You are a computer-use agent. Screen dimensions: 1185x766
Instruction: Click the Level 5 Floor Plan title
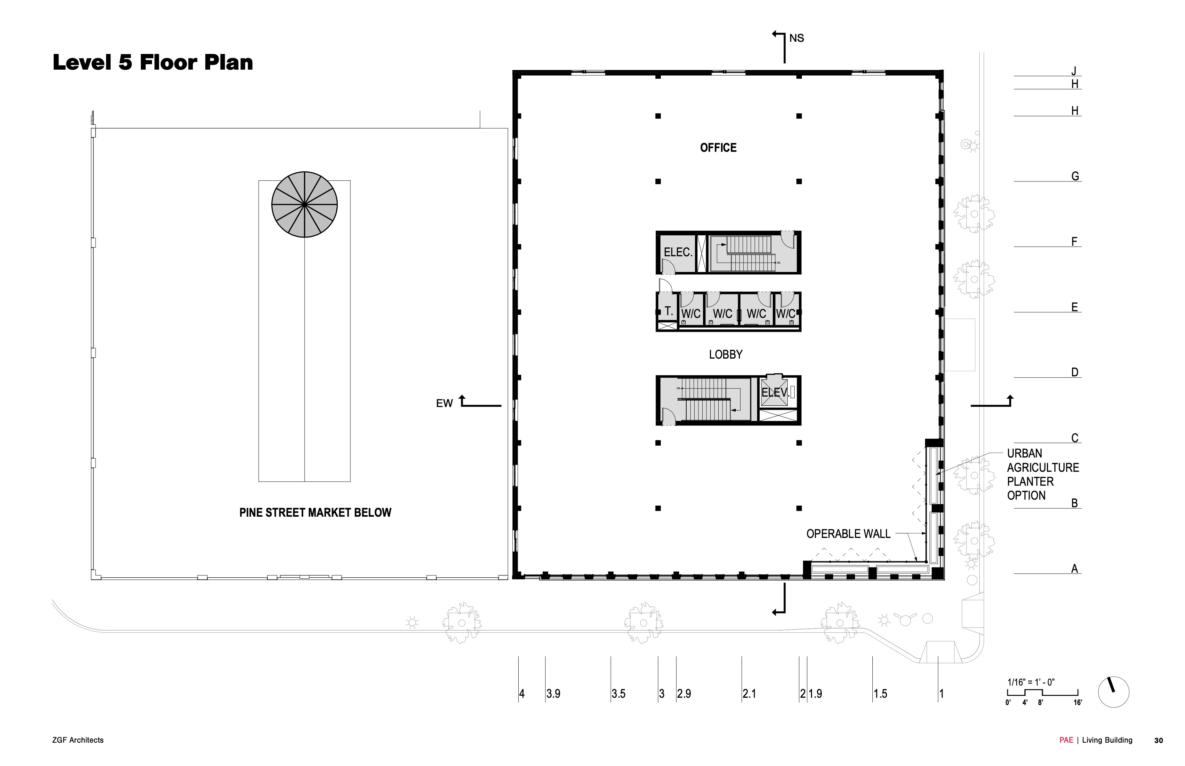(x=153, y=63)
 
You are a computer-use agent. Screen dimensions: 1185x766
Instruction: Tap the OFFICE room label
(x=718, y=148)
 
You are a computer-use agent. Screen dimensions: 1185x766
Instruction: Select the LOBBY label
(x=725, y=355)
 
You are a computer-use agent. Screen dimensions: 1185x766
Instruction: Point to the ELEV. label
(x=775, y=392)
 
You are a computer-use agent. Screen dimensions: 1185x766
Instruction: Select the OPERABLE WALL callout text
(x=848, y=534)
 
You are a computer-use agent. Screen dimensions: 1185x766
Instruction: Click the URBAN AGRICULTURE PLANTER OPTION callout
(x=1042, y=475)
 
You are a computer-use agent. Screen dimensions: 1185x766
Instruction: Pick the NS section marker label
(x=797, y=38)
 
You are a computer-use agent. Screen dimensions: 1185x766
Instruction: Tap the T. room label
(x=669, y=311)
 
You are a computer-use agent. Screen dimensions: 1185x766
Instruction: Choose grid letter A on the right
(x=1075, y=569)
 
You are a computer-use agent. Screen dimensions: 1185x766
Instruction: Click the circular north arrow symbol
(x=1113, y=692)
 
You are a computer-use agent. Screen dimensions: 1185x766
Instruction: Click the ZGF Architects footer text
(x=78, y=740)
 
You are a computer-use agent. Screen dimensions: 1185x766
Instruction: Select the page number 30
(x=1159, y=741)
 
